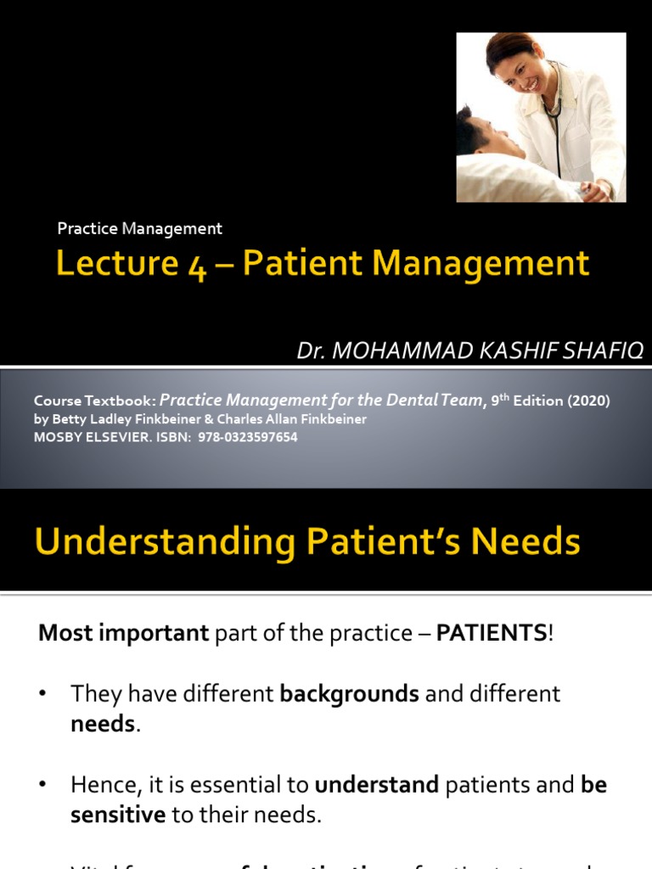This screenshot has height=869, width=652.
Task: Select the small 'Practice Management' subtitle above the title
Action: click(139, 228)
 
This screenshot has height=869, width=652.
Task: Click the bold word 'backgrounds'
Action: click(349, 694)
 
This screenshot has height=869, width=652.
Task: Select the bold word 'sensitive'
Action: click(117, 815)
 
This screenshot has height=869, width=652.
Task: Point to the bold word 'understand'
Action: click(376, 786)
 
